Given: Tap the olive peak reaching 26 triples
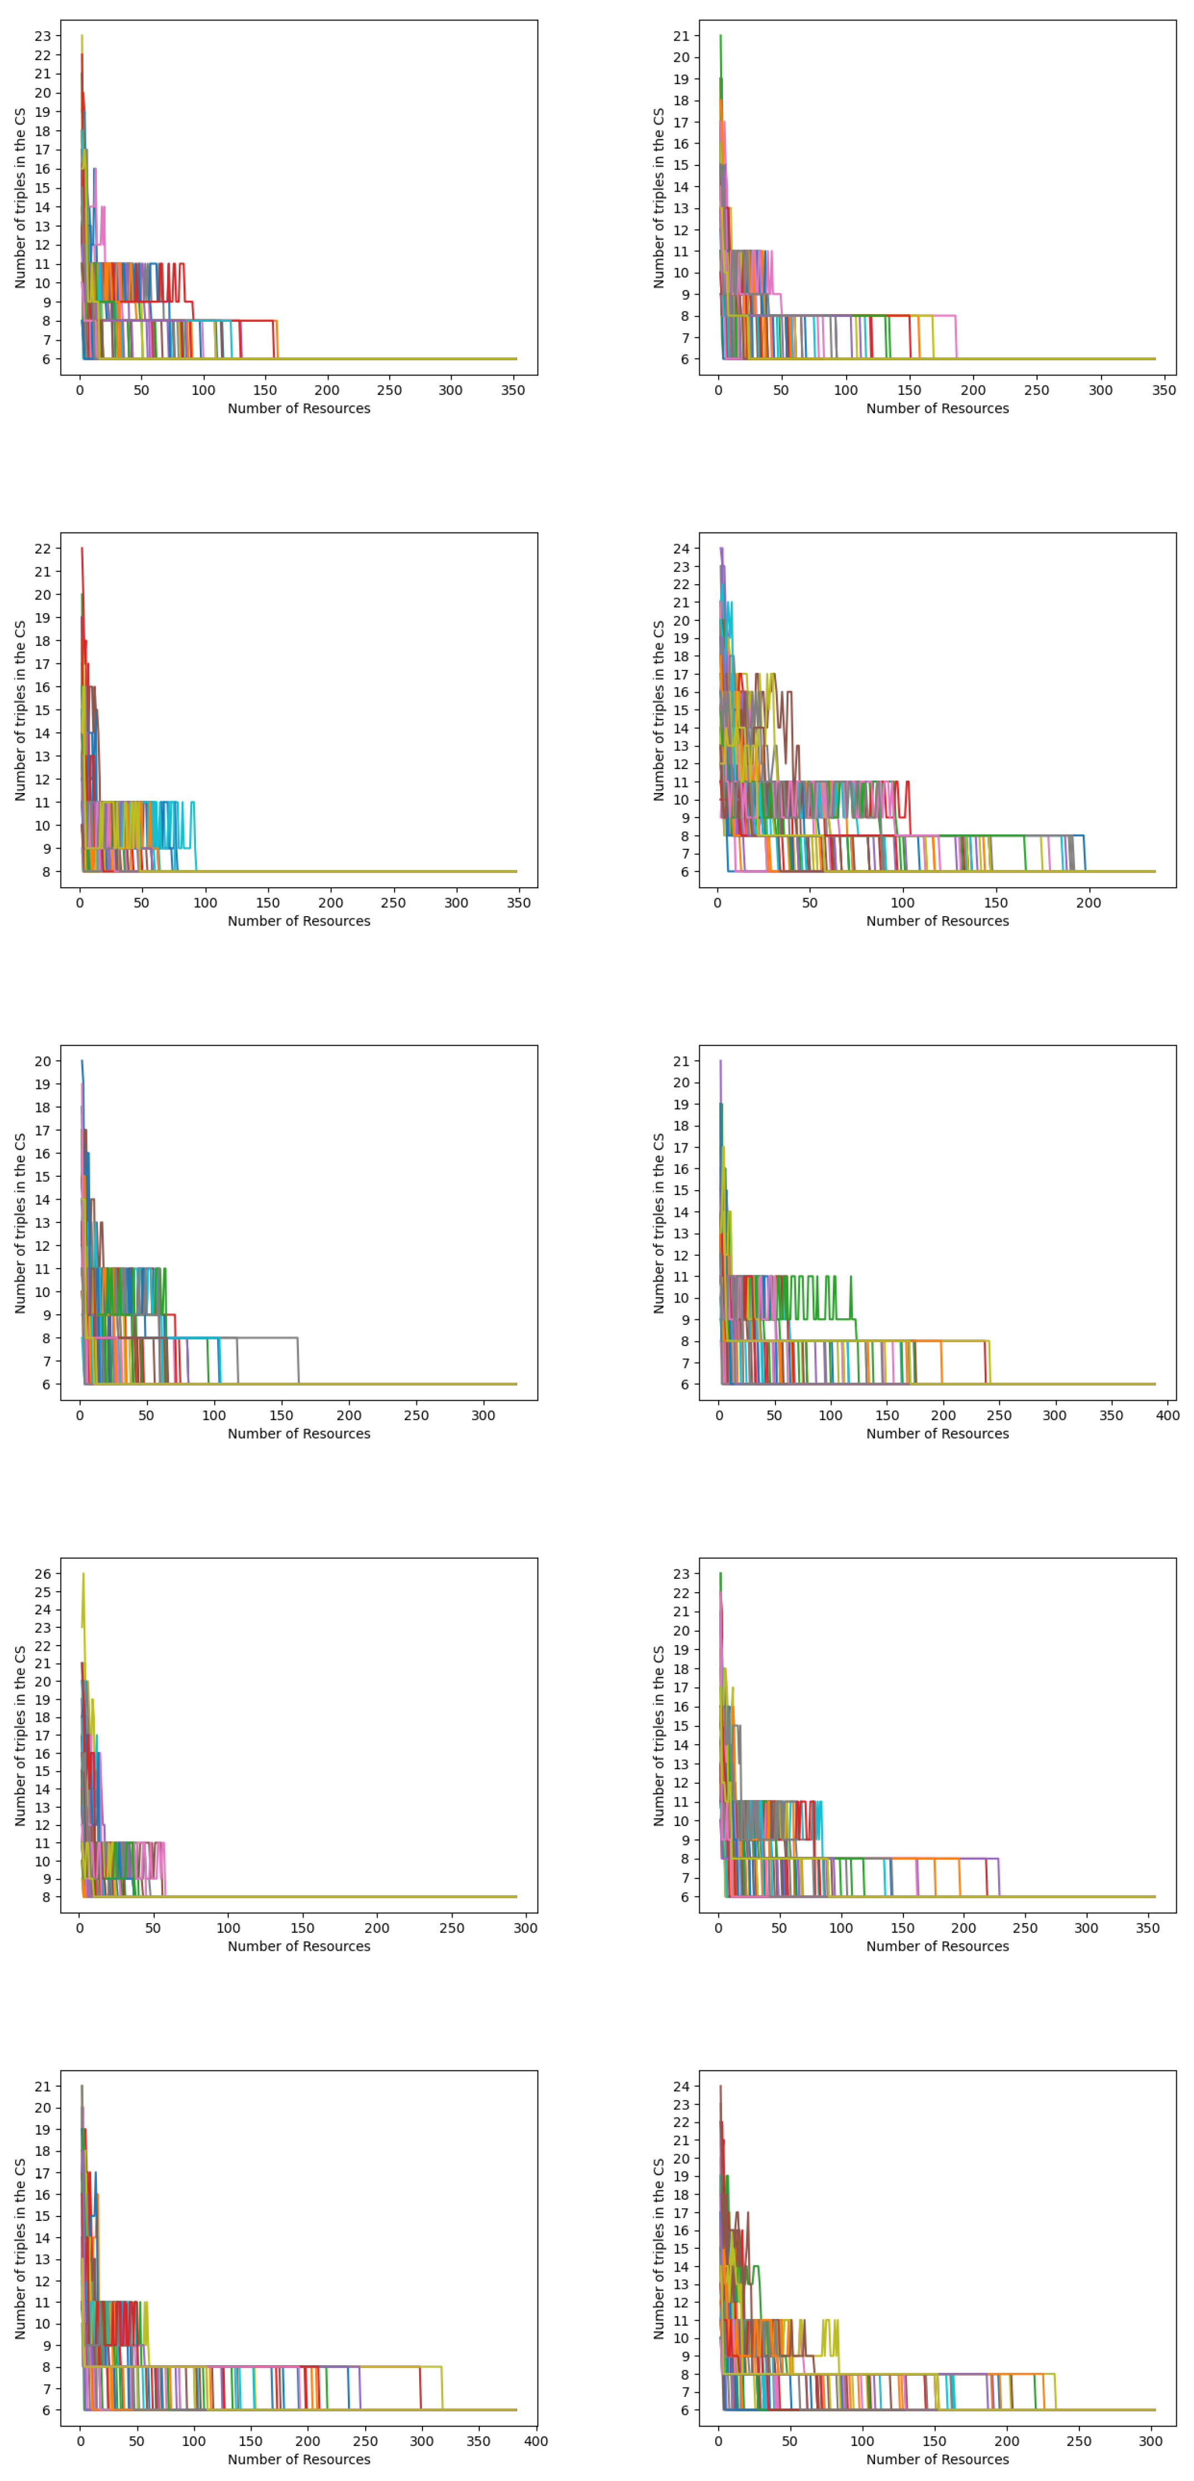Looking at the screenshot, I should [x=83, y=1575].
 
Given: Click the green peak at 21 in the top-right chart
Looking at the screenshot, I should [x=720, y=37].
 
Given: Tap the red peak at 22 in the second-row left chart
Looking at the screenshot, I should [x=82, y=549].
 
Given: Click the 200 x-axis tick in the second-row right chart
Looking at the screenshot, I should [x=1089, y=902].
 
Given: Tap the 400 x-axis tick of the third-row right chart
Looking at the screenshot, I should [x=1168, y=1415].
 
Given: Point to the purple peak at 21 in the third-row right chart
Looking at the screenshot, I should [x=720, y=1061].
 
